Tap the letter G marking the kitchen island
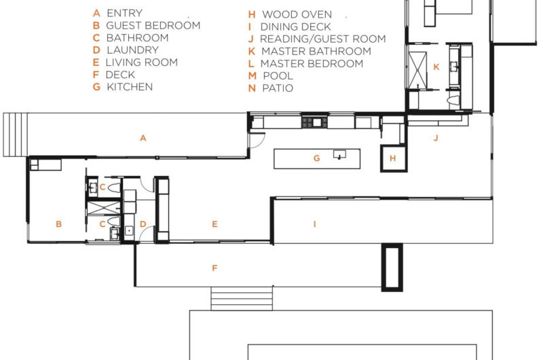(x=316, y=158)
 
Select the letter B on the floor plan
(x=59, y=223)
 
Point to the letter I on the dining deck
(x=314, y=223)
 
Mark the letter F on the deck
(x=214, y=268)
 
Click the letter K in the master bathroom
(x=436, y=67)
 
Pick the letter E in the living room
(x=214, y=223)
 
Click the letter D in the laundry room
(x=143, y=223)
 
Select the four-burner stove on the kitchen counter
(x=315, y=122)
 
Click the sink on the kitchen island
(x=339, y=156)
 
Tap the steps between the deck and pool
(x=231, y=298)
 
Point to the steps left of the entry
(x=14, y=134)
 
